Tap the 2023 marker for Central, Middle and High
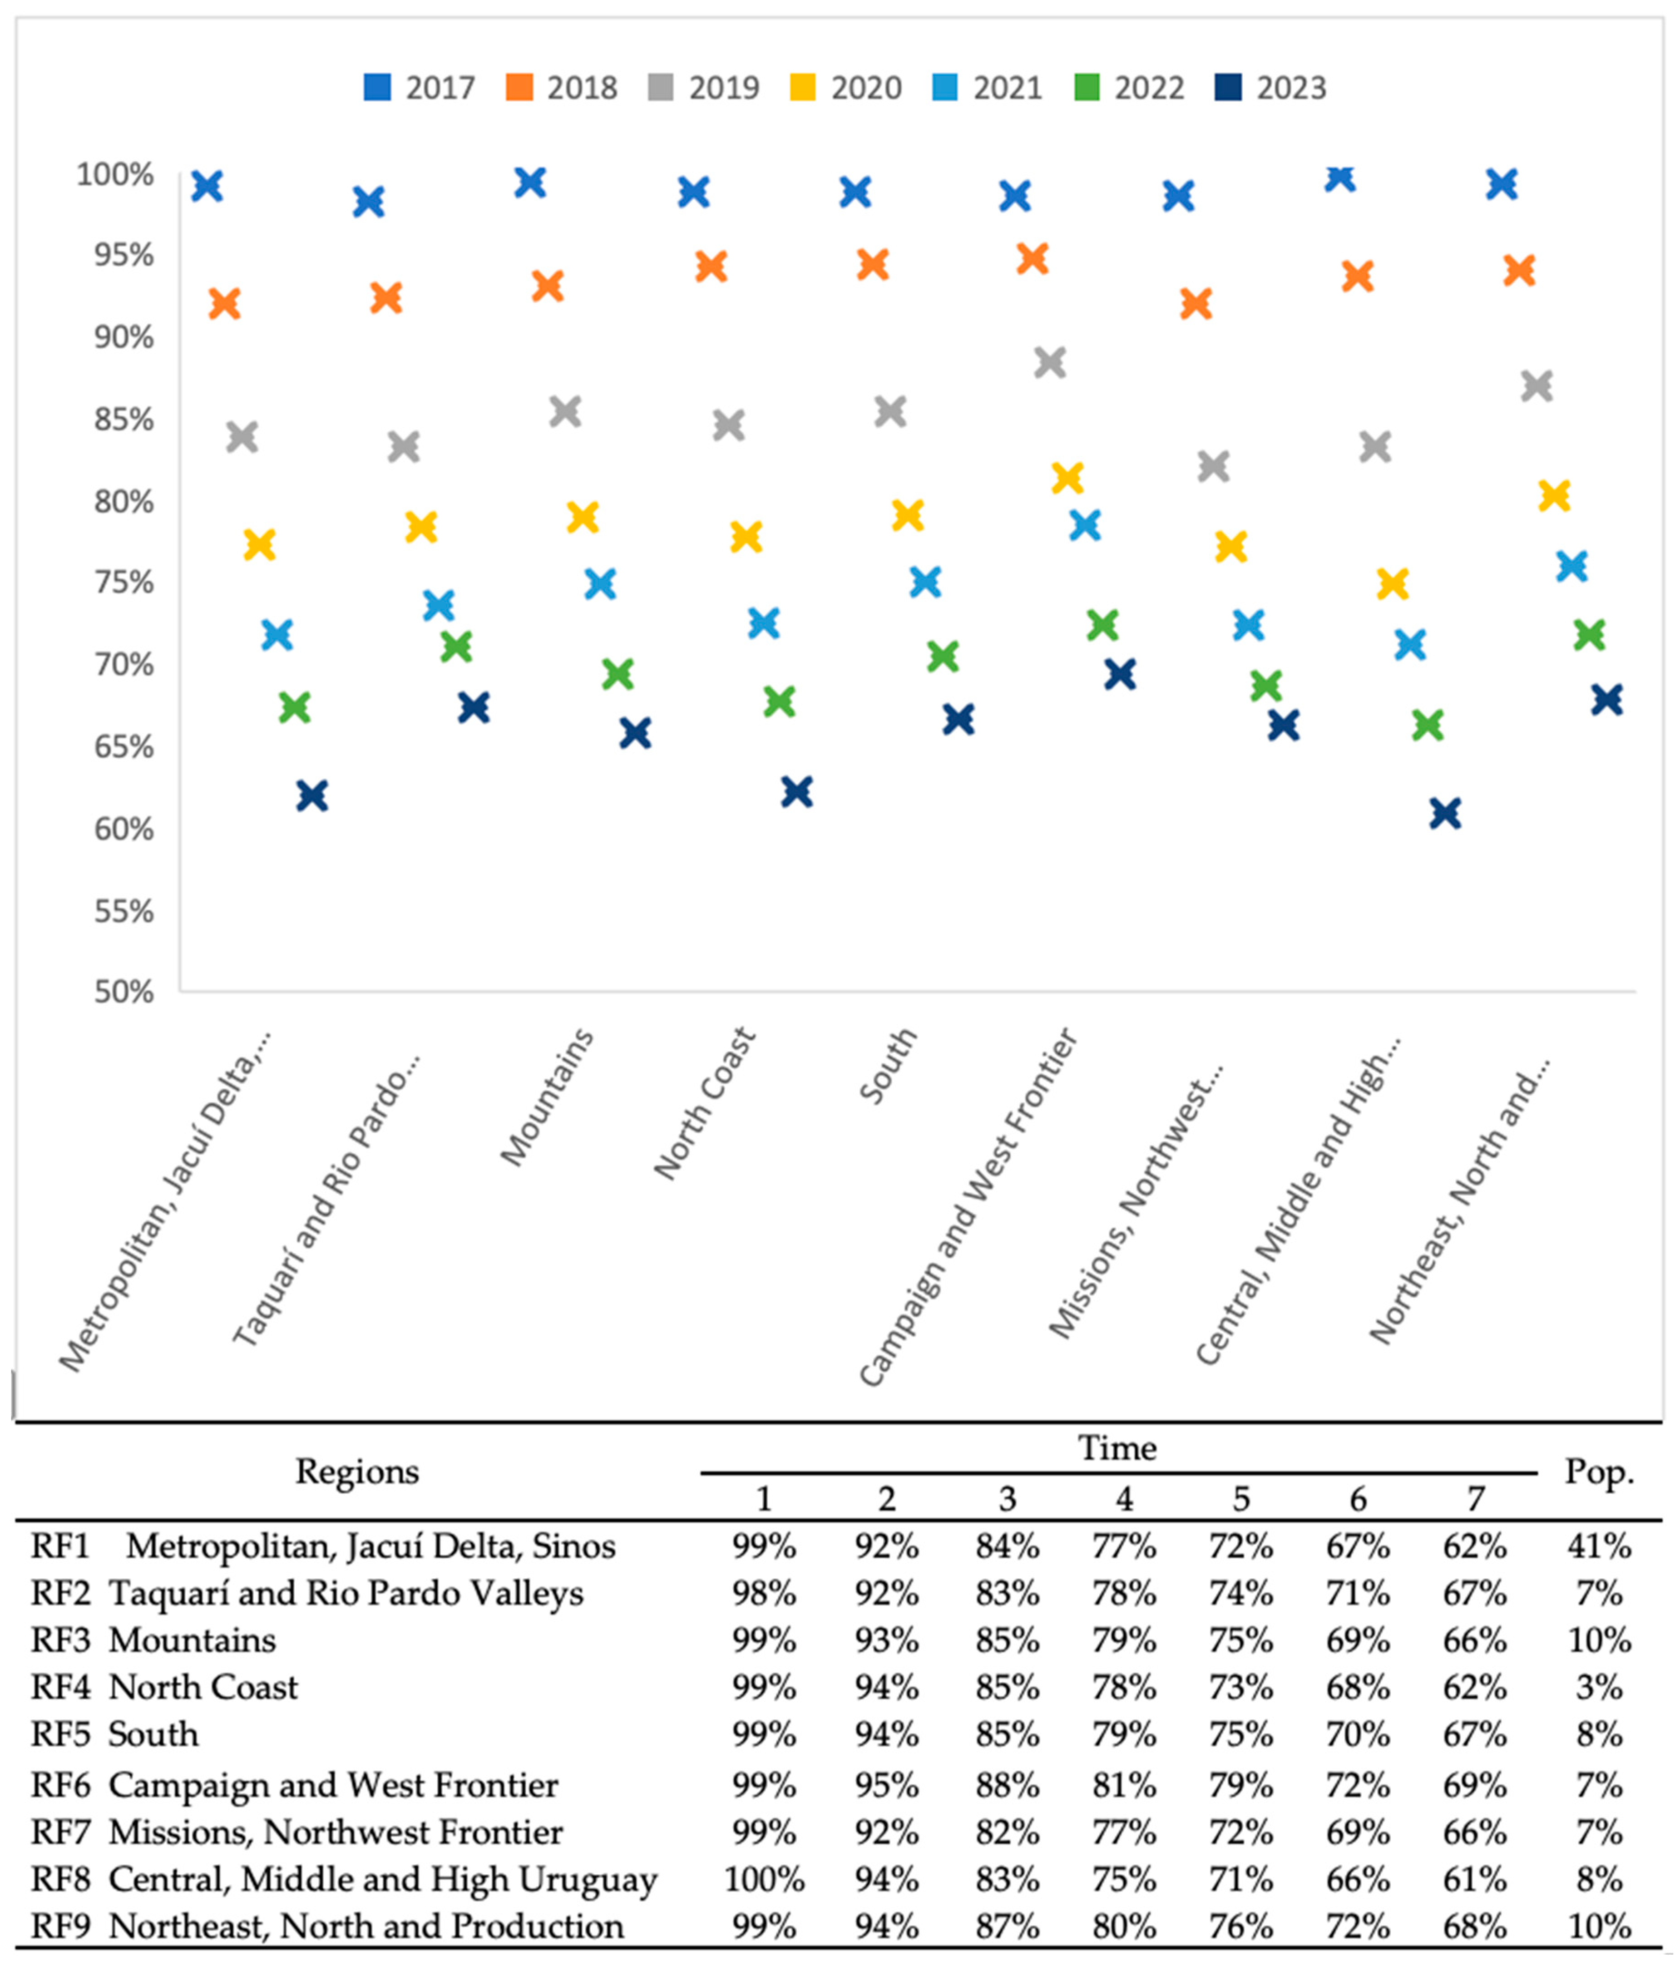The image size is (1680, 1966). click(1445, 813)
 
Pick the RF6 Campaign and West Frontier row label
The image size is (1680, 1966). click(294, 1785)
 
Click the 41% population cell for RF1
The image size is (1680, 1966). click(1598, 1546)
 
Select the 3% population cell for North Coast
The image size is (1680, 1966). click(1598, 1687)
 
